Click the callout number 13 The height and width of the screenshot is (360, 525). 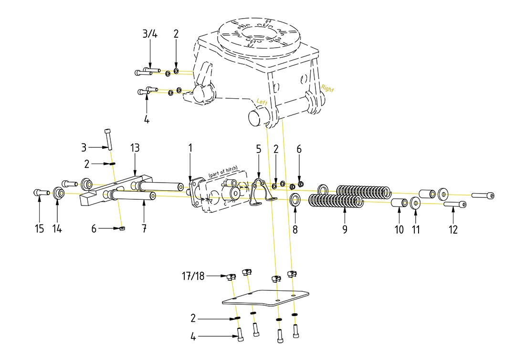pos(135,148)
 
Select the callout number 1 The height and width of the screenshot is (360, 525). pos(190,148)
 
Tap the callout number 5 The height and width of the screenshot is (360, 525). pos(258,149)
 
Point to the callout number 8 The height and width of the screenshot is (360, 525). pos(295,229)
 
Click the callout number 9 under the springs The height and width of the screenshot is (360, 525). pos(345,229)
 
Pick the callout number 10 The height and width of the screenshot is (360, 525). pos(399,229)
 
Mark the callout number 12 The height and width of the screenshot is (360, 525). pos(453,229)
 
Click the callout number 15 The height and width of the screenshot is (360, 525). pos(40,229)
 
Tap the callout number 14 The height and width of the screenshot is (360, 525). pos(57,229)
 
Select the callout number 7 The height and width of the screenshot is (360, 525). pos(144,229)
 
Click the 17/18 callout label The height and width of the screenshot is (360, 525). pos(193,276)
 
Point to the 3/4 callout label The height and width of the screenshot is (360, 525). pos(150,34)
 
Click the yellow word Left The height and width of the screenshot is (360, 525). pos(262,101)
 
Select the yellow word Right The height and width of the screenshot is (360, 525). pos(327,88)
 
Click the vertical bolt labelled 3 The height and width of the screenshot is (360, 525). pos(108,139)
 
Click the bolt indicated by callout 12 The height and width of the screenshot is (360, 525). pos(455,205)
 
